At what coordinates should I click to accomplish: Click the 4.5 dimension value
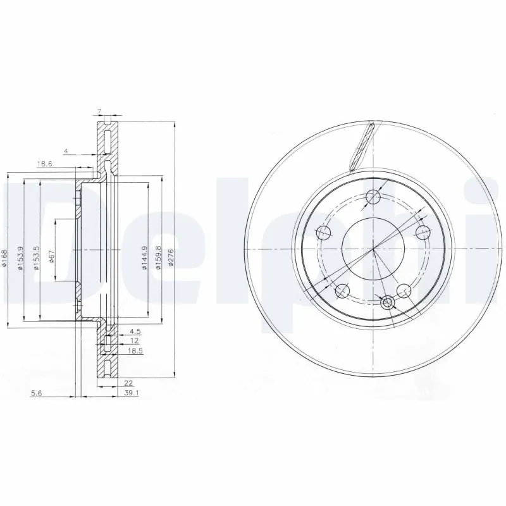click(x=135, y=331)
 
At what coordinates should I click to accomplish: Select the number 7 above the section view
click(x=99, y=113)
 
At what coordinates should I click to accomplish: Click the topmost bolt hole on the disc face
click(x=374, y=196)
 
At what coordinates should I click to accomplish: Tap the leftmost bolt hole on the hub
click(x=324, y=232)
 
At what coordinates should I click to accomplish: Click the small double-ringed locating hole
click(x=388, y=303)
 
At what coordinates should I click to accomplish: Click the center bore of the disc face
click(x=373, y=249)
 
